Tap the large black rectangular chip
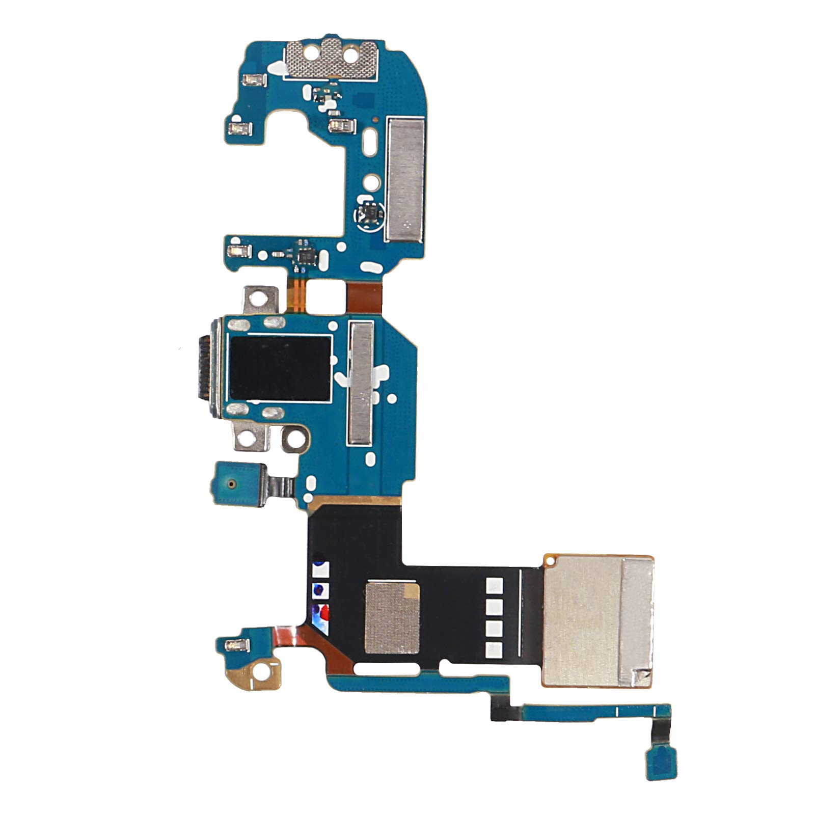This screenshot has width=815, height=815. coord(280,368)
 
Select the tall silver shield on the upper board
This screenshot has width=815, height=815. coord(405,179)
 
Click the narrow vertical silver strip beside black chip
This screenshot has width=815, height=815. coord(361,383)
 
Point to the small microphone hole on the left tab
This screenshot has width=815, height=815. coord(232,482)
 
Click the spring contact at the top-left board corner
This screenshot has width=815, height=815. coord(254,80)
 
